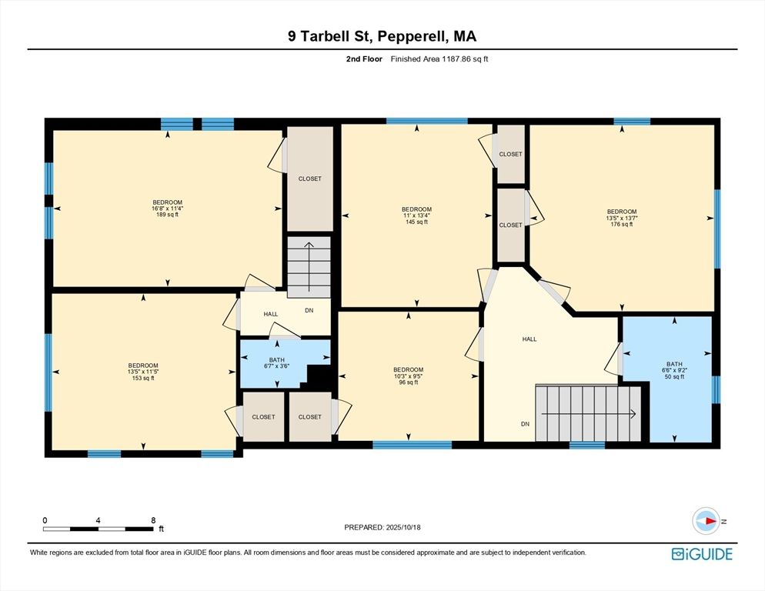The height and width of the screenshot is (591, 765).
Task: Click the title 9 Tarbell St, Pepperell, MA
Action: pyautogui.click(x=382, y=36)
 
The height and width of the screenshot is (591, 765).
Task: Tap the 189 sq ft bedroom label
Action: pyautogui.click(x=167, y=209)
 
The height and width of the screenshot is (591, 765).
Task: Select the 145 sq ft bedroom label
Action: pyautogui.click(x=416, y=215)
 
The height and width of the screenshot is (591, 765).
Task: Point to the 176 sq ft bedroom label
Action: pyautogui.click(x=621, y=218)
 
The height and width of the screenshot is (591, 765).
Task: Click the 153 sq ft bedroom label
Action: pyautogui.click(x=143, y=372)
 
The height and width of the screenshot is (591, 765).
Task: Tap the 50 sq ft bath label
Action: pyautogui.click(x=674, y=370)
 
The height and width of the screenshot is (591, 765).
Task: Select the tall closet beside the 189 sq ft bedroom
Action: pyautogui.click(x=309, y=179)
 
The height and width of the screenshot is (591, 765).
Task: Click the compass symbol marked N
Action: pyautogui.click(x=706, y=522)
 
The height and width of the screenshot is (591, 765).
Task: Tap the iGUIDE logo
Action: pyautogui.click(x=701, y=554)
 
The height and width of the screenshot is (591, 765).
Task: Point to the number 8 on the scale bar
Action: pyautogui.click(x=153, y=520)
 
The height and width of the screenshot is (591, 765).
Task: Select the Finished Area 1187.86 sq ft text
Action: pyautogui.click(x=439, y=58)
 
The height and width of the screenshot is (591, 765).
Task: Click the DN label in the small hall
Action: pyautogui.click(x=309, y=311)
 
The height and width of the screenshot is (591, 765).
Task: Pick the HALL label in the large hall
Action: pyautogui.click(x=529, y=339)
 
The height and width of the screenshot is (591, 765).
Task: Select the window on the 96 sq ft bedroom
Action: pyautogui.click(x=412, y=444)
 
